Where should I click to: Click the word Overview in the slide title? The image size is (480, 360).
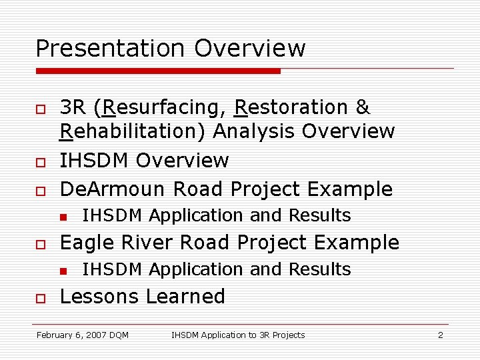coord(250,49)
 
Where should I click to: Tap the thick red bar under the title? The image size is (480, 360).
coord(158,70)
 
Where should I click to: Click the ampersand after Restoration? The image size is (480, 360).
coord(363,108)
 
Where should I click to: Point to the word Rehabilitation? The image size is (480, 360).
coord(133,132)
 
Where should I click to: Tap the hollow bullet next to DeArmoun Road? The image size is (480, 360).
coord(40,191)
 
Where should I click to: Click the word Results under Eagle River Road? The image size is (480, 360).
coord(319,269)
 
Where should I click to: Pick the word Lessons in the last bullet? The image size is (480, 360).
coord(99,297)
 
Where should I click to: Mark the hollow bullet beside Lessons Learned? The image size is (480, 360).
coord(40,298)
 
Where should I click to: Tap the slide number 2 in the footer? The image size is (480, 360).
coord(440,335)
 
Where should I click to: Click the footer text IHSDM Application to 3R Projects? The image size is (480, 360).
coord(238,335)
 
